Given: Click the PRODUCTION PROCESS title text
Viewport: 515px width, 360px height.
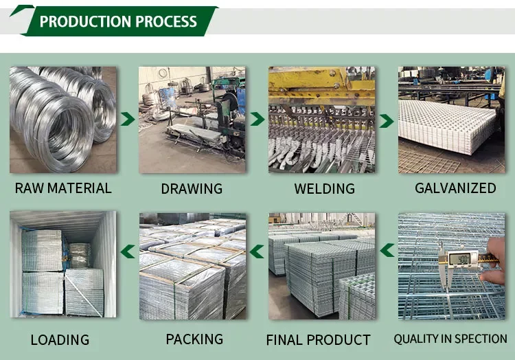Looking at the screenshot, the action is click(118, 21).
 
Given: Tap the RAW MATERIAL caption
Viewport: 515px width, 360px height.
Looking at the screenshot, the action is click(62, 188).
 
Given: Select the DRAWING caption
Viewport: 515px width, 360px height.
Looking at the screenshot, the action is click(192, 188).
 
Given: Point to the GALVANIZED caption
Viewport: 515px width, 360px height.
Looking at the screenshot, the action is click(455, 188).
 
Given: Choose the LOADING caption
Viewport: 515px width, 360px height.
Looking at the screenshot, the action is click(60, 339).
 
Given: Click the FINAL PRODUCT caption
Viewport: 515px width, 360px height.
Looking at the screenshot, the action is click(319, 339).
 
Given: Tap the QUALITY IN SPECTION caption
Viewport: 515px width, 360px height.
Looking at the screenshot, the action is click(450, 339).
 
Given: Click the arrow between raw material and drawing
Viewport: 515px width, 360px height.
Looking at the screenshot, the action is click(127, 120).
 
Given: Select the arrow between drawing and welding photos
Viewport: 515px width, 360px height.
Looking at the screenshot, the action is click(257, 120).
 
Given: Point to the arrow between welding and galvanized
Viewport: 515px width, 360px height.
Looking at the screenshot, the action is click(387, 120).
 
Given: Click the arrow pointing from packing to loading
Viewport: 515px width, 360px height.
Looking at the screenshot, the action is click(127, 251).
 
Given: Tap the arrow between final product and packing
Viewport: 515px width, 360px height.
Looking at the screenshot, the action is click(257, 251).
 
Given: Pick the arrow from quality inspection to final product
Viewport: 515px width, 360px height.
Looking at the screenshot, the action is click(387, 251).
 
